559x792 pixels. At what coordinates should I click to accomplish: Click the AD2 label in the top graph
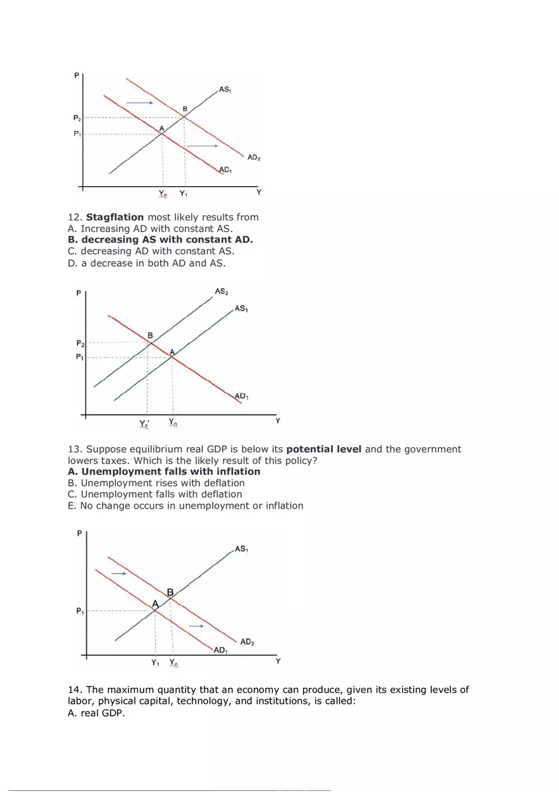pos(253,157)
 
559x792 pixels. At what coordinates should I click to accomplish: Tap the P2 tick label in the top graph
pos(77,117)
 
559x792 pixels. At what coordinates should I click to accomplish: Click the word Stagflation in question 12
pos(115,217)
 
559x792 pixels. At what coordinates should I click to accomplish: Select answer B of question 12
pos(160,240)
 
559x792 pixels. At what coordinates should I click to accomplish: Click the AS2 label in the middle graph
pos(221,292)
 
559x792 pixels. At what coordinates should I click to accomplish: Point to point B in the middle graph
pos(150,336)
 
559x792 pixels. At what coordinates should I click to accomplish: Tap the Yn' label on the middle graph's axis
pos(145,423)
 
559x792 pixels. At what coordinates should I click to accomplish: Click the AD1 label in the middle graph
pos(241,396)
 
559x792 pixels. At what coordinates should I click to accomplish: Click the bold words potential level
pos(324,449)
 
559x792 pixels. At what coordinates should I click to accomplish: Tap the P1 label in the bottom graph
pos(79,612)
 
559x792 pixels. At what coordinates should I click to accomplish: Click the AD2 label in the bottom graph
pos(247,642)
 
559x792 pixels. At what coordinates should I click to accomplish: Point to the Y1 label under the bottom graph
pos(156,662)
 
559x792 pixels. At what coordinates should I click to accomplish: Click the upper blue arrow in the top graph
pos(139,102)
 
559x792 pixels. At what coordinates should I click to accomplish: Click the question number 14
pos(75,690)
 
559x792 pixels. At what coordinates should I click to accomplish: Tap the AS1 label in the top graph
pos(225,90)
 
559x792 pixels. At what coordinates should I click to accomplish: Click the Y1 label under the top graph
pos(183,193)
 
